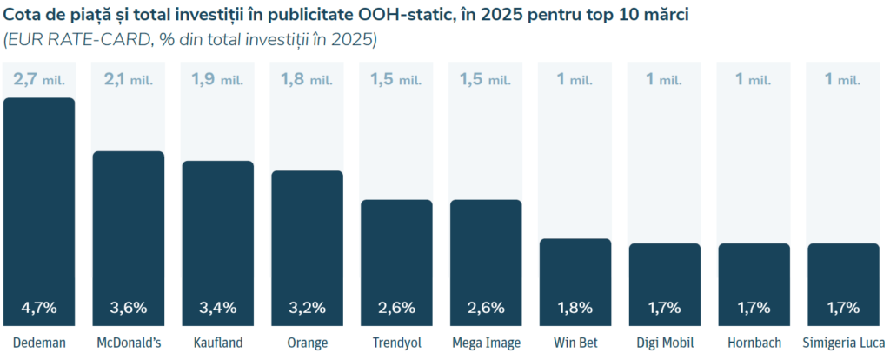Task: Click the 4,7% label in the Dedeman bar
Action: click(x=39, y=307)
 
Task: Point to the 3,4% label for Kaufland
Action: click(x=217, y=307)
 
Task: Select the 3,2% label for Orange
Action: click(x=307, y=307)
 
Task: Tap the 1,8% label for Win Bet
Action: click(x=575, y=307)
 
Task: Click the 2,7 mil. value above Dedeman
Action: click(x=39, y=80)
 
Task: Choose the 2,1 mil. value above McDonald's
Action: click(x=129, y=80)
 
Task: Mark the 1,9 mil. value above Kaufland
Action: click(x=217, y=80)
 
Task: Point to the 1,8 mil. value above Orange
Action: click(x=307, y=80)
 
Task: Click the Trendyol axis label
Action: click(x=396, y=343)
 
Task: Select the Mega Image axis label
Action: click(x=486, y=343)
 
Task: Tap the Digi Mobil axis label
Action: click(x=664, y=343)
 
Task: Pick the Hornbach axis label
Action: click(x=753, y=343)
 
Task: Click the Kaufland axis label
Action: click(x=217, y=343)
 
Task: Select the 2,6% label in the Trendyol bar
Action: click(x=396, y=307)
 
